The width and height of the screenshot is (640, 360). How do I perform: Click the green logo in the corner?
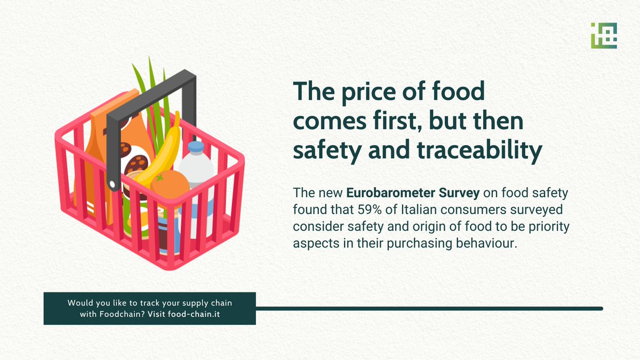tap(604, 36)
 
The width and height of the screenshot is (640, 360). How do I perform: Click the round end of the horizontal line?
tap(601, 308)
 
